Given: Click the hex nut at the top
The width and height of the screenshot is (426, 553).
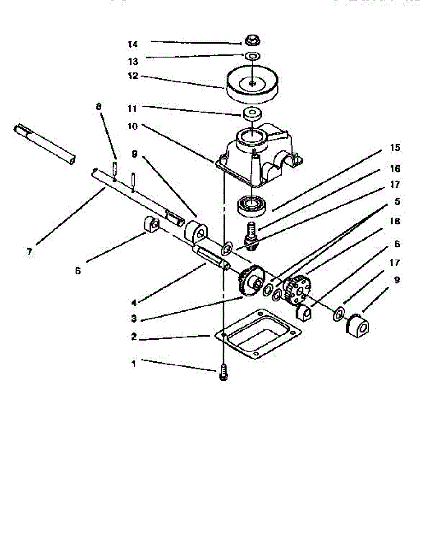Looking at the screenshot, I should point(251,41).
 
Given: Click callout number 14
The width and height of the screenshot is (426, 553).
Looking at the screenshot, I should point(133,44).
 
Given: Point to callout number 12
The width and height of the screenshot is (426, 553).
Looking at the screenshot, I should point(133,76).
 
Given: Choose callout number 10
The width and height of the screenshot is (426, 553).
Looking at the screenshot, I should point(133,126).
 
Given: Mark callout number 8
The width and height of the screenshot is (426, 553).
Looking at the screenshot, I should point(99,106).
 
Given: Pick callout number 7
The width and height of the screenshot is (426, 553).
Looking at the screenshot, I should point(29,252).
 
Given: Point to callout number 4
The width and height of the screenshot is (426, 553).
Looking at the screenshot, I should point(134,303).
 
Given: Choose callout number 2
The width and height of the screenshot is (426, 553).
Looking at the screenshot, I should point(134,337).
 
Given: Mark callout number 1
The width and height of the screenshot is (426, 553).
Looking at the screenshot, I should point(134,364).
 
